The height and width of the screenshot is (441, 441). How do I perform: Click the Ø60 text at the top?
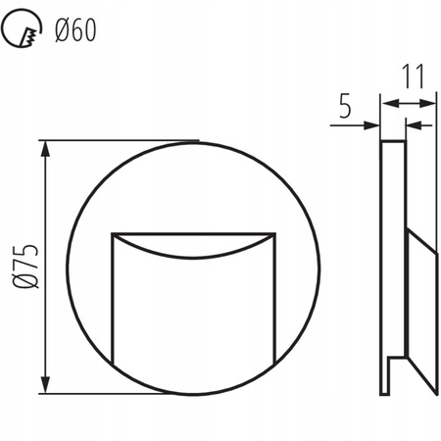click(x=74, y=32)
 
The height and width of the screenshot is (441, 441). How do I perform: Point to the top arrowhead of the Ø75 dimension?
click(x=45, y=148)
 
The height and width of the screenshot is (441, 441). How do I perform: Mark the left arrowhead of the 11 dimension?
click(x=386, y=102)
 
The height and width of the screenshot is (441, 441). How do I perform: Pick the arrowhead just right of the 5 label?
click(x=374, y=124)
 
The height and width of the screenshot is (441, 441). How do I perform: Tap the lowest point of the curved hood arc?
click(x=192, y=261)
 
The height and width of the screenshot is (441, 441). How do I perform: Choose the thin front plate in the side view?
click(x=393, y=245)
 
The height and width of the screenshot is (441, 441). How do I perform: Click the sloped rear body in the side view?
click(x=421, y=294)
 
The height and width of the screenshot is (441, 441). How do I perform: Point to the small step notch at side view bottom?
click(x=394, y=360)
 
